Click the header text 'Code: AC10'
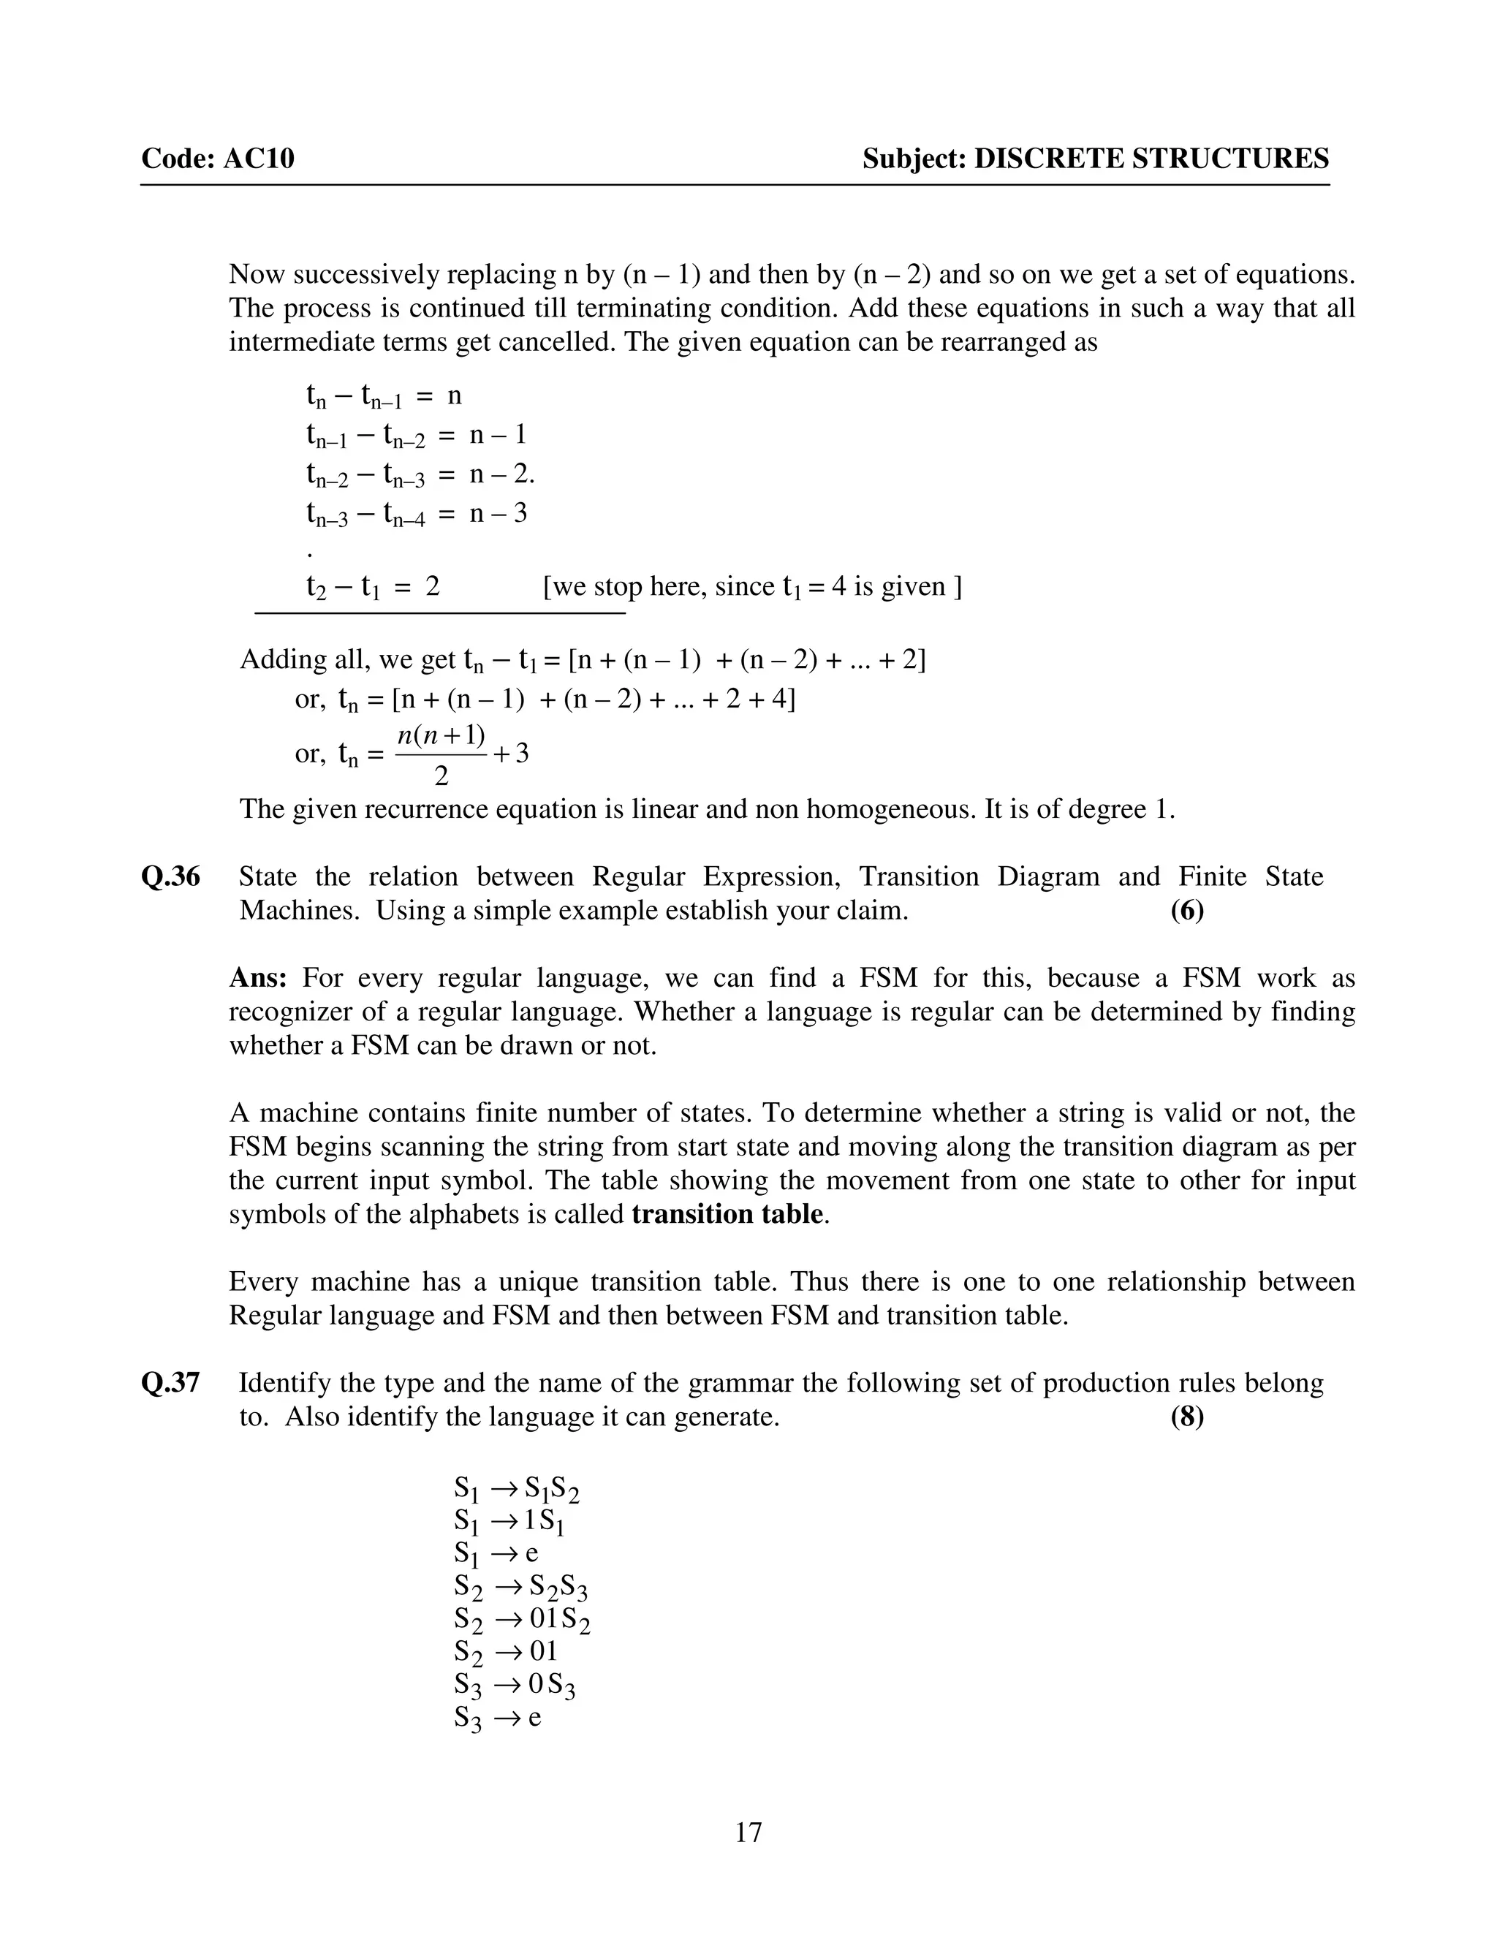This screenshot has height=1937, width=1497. pos(217,159)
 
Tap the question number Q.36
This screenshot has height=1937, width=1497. pos(170,877)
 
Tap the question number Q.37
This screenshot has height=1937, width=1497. pos(170,1383)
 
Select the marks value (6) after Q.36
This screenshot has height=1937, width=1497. pos(1186,911)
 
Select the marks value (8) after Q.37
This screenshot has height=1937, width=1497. pos(1186,1417)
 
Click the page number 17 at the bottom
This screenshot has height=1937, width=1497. pos(748,1832)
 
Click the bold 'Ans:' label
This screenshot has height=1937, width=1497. pos(257,978)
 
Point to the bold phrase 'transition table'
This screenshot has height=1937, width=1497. pos(727,1214)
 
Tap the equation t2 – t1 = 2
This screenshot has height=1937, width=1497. pos(373,587)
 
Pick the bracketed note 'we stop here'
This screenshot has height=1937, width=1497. pos(752,587)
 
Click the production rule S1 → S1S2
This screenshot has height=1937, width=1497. pos(516,1489)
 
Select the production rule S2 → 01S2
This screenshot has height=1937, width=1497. pos(521,1621)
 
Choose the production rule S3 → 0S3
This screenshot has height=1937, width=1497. pos(515,1686)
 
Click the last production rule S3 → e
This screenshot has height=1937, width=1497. pos(496,1719)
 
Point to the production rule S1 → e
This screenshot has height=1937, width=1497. pos(496,1554)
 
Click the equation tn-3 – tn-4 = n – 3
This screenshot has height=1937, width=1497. pos(417,515)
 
